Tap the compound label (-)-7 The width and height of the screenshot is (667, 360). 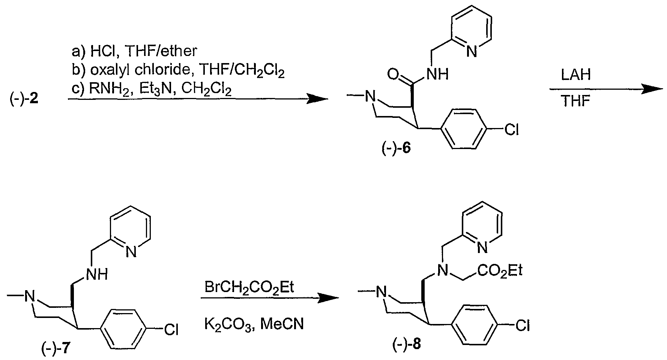55,349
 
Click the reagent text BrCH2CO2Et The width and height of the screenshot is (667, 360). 249,287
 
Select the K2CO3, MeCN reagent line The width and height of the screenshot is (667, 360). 254,324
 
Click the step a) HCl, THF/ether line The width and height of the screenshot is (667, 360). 134,51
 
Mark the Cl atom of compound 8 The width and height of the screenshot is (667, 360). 522,325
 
